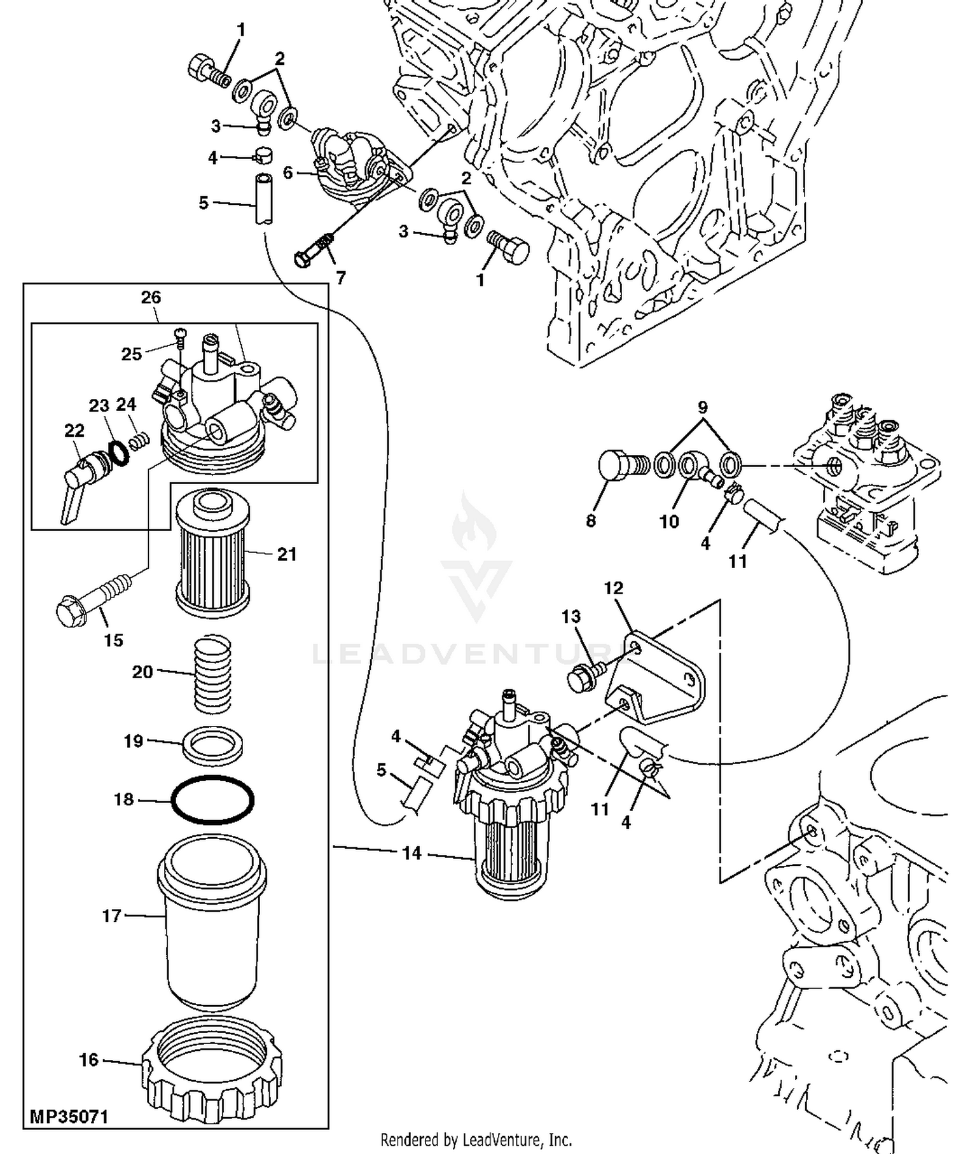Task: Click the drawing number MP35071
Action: click(x=69, y=1116)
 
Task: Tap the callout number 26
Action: click(x=151, y=297)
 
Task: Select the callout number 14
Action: click(x=412, y=852)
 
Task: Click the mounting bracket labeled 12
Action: click(x=655, y=678)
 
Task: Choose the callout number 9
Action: click(x=702, y=407)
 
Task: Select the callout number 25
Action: click(x=131, y=354)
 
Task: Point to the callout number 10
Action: click(x=668, y=522)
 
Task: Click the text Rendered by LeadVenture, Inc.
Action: click(x=476, y=1139)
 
